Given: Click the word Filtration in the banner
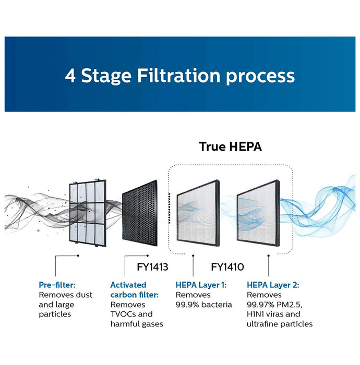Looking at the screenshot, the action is (x=178, y=76).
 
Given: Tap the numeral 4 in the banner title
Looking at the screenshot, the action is (x=70, y=76).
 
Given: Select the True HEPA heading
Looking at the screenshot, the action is (x=231, y=147).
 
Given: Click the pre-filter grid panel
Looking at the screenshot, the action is (x=88, y=213).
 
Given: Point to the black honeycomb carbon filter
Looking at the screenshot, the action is (x=140, y=213).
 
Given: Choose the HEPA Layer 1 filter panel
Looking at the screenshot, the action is (x=198, y=213).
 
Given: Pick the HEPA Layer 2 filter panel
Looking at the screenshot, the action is (x=258, y=213).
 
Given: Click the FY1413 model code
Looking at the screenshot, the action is (x=152, y=267).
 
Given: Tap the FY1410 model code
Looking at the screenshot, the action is (x=227, y=267).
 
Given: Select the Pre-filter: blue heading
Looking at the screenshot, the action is (x=57, y=285).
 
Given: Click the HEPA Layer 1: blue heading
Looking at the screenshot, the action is (x=201, y=285).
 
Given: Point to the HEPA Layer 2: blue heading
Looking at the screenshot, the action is (x=273, y=285).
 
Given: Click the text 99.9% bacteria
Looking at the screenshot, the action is (x=204, y=305).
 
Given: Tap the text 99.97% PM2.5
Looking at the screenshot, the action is (x=274, y=305).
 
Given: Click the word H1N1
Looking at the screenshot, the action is (x=255, y=314).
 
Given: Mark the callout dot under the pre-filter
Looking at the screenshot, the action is (x=78, y=256).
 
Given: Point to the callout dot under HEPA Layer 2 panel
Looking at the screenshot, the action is (x=269, y=256).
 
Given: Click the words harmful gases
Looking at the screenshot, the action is (x=137, y=324).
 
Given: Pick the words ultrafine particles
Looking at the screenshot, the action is (x=280, y=324).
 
